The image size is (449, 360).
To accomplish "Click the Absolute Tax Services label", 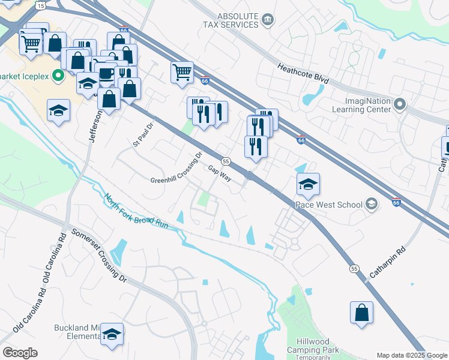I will pos(230,20).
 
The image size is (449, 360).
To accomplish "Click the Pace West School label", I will pos(328,205).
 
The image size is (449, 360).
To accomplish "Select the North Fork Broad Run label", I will pos(136,211).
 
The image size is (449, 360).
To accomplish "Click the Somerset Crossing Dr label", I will pos(99,256).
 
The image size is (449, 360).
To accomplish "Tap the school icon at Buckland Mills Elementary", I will pos(112,334).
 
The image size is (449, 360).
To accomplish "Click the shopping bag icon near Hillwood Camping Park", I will pos(361,312).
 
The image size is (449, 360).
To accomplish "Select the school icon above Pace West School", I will pos(308,184).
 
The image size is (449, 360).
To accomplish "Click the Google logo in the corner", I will pos(20,353).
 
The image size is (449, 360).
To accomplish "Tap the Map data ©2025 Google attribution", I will pos(412,355).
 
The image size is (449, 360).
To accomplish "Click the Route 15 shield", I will pos(40,5).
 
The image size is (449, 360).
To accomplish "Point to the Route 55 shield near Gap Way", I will pos(226,161).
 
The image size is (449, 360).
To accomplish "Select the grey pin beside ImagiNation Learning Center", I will pos(400,105).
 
